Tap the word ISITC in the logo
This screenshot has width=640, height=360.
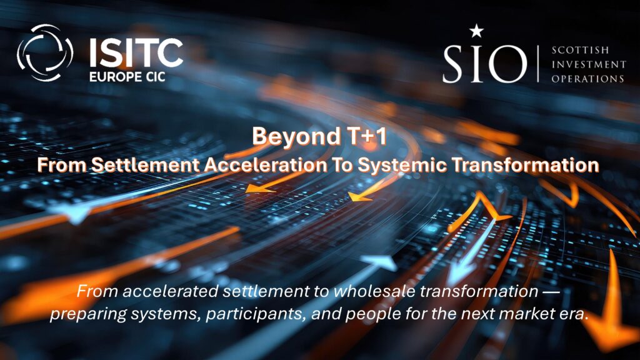coord(136,52)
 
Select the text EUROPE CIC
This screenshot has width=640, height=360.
coord(127,77)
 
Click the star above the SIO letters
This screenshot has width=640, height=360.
coord(476,31)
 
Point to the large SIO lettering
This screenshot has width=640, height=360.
coord(485,64)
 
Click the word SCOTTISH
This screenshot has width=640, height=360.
coord(580,50)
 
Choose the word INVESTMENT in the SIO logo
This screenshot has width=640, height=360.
coord(589,64)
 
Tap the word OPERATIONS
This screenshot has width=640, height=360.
coord(587,78)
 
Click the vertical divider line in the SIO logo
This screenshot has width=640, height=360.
coord(539,64)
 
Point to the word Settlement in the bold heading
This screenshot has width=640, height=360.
coord(145,165)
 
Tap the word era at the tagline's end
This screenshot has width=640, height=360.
coord(574,314)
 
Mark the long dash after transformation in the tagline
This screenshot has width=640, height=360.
coord(551,292)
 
